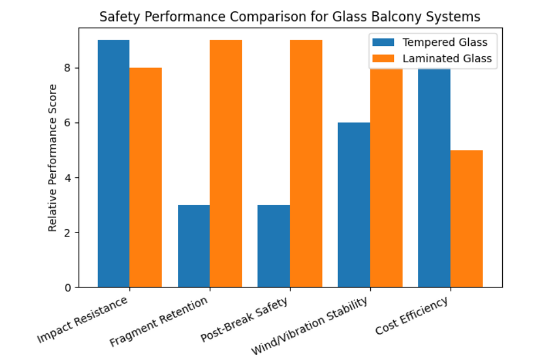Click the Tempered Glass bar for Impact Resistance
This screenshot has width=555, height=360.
tap(113, 164)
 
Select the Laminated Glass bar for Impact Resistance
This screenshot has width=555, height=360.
tap(146, 177)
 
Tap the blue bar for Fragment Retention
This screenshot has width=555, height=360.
tap(194, 246)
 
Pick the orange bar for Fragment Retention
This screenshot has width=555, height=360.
tap(226, 164)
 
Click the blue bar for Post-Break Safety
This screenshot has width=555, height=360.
tap(274, 246)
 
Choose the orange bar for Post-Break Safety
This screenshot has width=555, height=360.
tap(306, 164)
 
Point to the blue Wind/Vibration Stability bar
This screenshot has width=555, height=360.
tap(354, 205)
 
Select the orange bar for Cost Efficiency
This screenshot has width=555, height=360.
tap(467, 219)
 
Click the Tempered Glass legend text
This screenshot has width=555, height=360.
tap(444, 42)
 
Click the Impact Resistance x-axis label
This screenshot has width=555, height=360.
tap(83, 320)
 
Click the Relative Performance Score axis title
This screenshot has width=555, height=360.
tap(53, 158)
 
